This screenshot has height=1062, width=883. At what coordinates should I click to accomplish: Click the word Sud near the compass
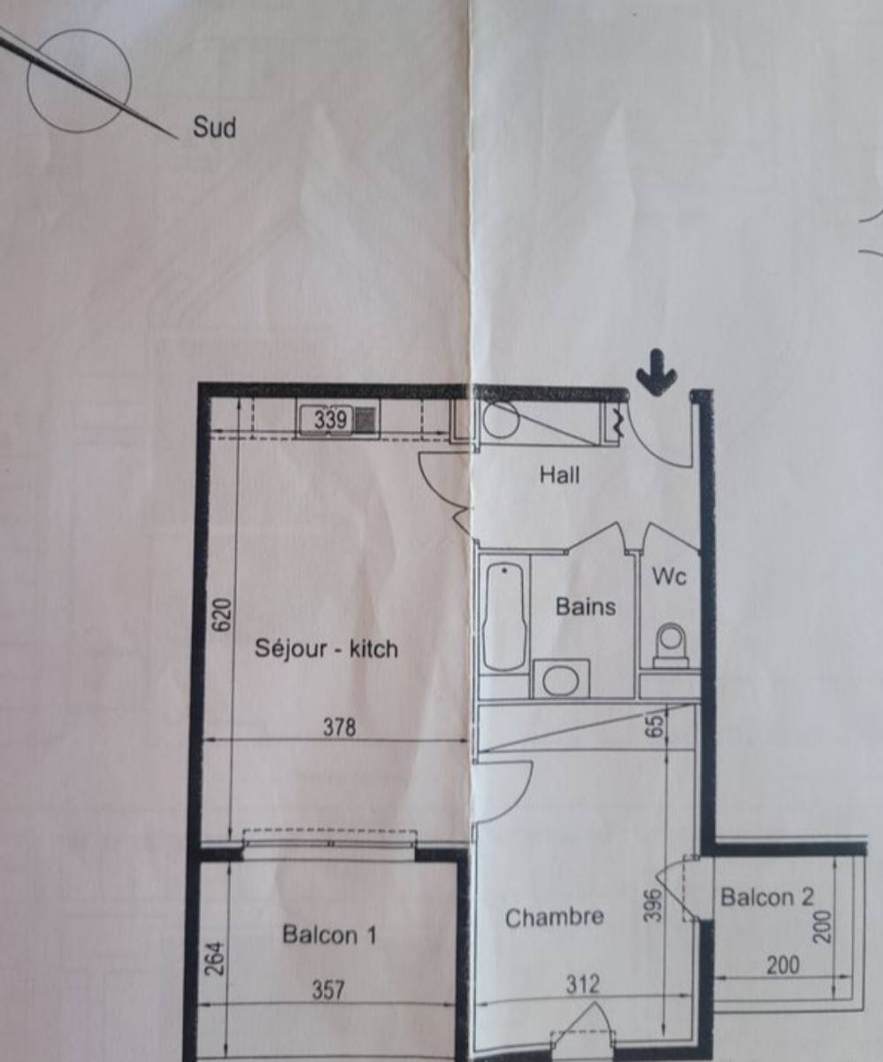click(x=214, y=127)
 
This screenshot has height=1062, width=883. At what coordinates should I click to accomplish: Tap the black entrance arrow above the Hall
click(x=656, y=372)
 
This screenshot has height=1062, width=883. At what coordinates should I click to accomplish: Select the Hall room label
click(x=559, y=475)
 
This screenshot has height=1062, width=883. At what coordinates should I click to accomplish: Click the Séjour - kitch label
click(x=326, y=649)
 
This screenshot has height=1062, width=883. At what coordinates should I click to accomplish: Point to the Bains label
click(x=586, y=607)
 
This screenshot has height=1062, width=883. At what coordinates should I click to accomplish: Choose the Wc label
click(x=670, y=577)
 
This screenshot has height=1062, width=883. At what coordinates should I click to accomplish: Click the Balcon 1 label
click(x=330, y=935)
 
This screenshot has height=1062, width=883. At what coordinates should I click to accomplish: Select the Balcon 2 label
click(x=767, y=897)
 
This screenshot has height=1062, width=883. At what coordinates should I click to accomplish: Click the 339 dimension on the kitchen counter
click(x=331, y=419)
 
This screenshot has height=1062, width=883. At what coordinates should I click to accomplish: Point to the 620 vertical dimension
click(x=222, y=615)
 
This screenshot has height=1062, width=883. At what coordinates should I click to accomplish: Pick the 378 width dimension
click(x=339, y=727)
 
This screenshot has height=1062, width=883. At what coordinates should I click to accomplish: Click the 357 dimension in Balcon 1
click(x=328, y=990)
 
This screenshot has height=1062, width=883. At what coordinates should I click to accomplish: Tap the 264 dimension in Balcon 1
click(x=215, y=958)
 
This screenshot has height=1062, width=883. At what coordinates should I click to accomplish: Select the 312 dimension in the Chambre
click(x=583, y=984)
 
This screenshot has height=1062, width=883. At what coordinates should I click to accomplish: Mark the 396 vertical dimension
click(x=654, y=905)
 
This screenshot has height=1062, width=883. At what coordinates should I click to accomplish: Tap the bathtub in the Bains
click(x=504, y=617)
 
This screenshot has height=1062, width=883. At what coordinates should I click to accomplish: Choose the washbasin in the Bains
click(x=561, y=680)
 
